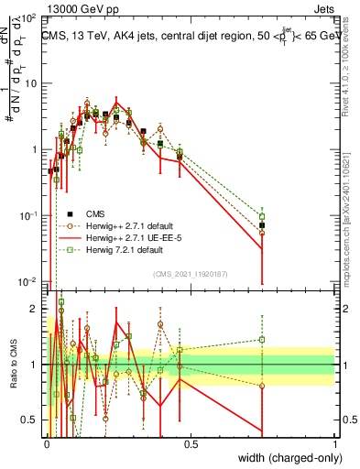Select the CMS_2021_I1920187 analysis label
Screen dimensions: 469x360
pos(190,272)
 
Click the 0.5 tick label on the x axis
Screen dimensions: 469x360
pos(191,443)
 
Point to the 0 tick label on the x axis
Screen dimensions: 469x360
pos(47,443)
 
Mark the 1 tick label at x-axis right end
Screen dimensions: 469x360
pos(334,443)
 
